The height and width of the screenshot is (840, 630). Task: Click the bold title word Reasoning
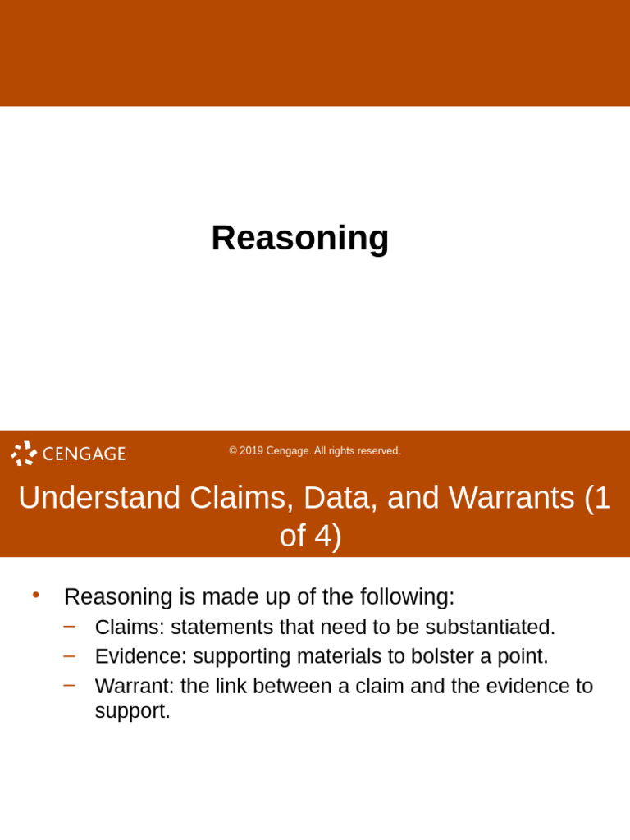(299, 238)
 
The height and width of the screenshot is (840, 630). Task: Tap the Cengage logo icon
(24, 453)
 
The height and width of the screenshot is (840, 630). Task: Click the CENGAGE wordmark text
(84, 454)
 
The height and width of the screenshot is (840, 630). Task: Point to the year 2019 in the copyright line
(252, 451)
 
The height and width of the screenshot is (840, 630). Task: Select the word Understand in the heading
(99, 498)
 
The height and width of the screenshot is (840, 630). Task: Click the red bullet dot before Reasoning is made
(35, 595)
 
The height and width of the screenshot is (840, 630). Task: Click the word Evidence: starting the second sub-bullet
(140, 656)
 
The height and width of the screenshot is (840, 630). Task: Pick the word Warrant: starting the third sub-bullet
(135, 686)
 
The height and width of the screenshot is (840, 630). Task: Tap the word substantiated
(490, 628)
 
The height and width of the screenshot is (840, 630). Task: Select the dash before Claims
(70, 627)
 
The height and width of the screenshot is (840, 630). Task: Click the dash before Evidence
(70, 655)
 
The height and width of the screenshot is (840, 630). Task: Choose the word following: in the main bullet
(404, 596)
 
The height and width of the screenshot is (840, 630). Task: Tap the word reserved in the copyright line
(380, 451)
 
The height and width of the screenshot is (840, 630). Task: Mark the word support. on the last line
(133, 711)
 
